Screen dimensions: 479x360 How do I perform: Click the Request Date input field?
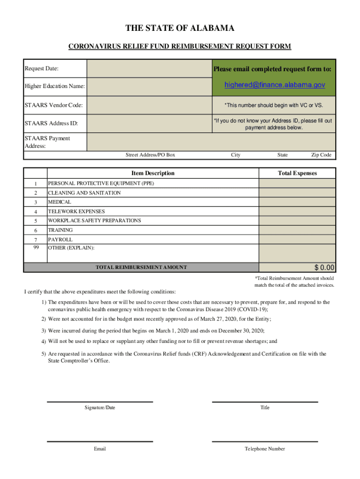pyautogui.click(x=146, y=69)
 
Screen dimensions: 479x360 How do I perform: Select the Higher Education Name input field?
pyautogui.click(x=146, y=86)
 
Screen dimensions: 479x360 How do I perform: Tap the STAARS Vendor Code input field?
pyautogui.click(x=146, y=105)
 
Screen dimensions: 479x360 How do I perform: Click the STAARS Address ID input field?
pyautogui.click(x=146, y=123)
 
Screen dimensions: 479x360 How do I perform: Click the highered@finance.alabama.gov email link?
pyautogui.click(x=274, y=85)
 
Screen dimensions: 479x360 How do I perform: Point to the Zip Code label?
pyautogui.click(x=321, y=155)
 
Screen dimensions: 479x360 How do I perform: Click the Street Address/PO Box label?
pyautogui.click(x=151, y=155)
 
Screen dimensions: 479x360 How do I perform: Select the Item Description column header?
pyautogui.click(x=153, y=173)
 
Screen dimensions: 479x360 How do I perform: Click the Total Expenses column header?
pyautogui.click(x=297, y=173)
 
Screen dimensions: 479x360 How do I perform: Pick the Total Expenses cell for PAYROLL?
pyautogui.click(x=297, y=239)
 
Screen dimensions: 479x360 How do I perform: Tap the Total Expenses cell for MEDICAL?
pyautogui.click(x=297, y=202)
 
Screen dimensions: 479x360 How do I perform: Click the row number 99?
pyautogui.click(x=36, y=247)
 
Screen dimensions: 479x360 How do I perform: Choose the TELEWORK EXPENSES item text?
pyautogui.click(x=76, y=211)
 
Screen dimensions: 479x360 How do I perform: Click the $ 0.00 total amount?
pyautogui.click(x=324, y=268)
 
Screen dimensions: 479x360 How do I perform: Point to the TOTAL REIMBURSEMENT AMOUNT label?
pyautogui.click(x=141, y=268)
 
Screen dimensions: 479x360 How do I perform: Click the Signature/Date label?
pyautogui.click(x=100, y=407)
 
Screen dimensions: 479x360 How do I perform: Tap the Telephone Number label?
pyautogui.click(x=265, y=449)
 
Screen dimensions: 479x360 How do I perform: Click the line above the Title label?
pyautogui.click(x=265, y=402)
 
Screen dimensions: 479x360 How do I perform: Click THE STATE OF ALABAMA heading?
pyautogui.click(x=180, y=29)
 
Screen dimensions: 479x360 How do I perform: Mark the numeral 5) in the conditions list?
pyautogui.click(x=43, y=354)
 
